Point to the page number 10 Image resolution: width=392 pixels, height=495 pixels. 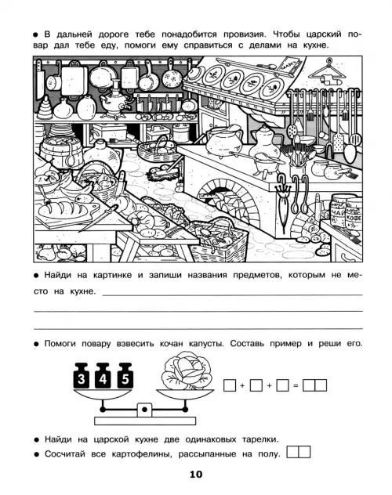(196, 474)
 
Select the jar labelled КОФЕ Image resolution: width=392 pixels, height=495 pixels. (354, 215)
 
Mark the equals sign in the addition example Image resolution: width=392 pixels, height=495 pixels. (296, 385)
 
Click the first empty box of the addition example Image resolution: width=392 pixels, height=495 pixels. (230, 385)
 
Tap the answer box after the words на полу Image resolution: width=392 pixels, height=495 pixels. (298, 452)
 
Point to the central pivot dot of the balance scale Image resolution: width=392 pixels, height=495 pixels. (144, 410)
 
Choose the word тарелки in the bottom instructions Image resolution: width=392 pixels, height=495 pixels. (260, 439)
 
